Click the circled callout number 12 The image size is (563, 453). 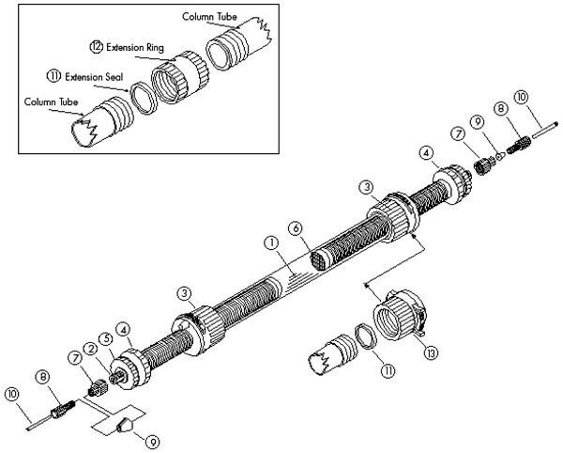click(x=98, y=46)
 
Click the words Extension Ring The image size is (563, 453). click(x=136, y=46)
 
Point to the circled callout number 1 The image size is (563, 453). click(x=271, y=242)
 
